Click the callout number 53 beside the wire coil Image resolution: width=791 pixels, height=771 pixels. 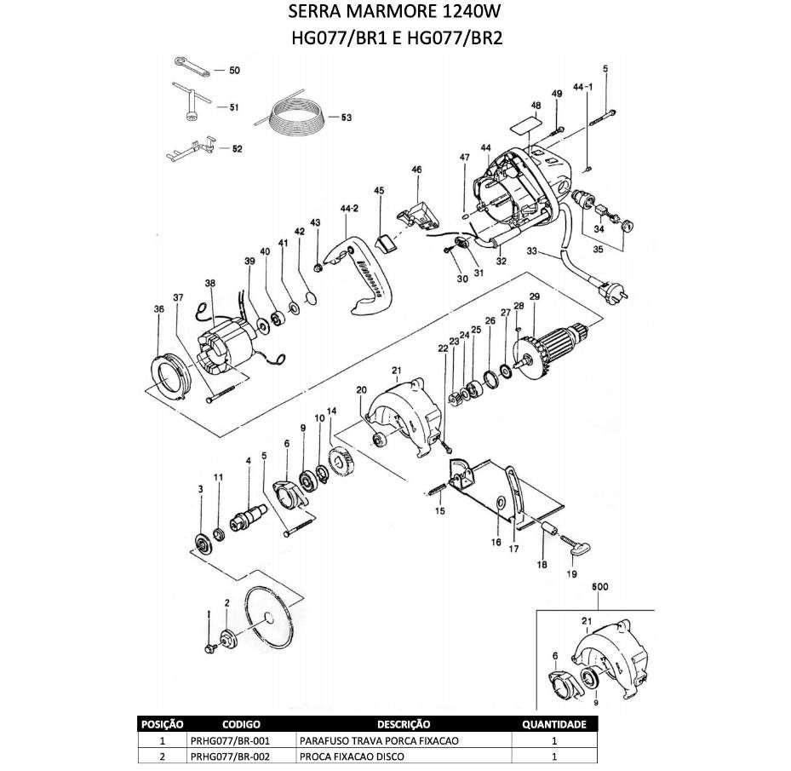click(347, 118)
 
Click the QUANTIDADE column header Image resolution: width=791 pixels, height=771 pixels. click(553, 725)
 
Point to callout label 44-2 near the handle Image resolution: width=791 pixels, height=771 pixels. click(349, 209)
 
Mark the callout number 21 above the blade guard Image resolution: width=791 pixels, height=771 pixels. click(395, 370)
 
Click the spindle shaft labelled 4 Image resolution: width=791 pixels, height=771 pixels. click(250, 516)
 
